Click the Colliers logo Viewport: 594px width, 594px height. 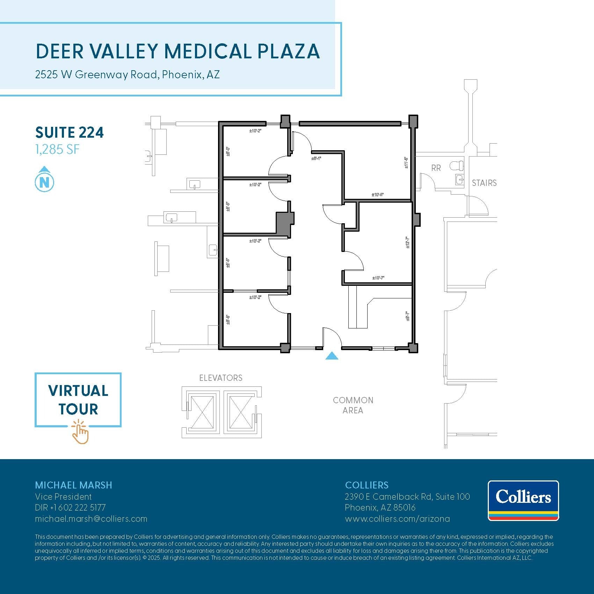tap(523, 500)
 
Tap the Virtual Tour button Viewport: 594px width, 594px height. tap(78, 400)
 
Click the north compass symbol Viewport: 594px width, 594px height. tap(44, 180)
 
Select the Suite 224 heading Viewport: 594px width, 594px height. tap(70, 132)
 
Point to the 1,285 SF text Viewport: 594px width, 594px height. tap(57, 150)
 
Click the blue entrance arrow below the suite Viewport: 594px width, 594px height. tap(332, 356)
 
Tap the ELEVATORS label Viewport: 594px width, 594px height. tap(220, 378)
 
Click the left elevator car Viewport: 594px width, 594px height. tap(202, 412)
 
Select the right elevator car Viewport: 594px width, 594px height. tap(240, 412)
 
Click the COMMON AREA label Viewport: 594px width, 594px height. tap(353, 405)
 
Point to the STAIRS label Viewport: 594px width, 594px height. tap(484, 183)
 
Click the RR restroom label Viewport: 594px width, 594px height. tap(436, 168)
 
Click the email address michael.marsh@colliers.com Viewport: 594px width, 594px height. tap(91, 519)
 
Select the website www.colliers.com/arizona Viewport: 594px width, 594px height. tap(397, 519)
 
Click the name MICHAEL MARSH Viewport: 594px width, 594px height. tap(73, 485)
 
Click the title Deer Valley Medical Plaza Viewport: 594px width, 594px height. tap(178, 51)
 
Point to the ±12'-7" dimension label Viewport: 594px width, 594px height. tap(407, 242)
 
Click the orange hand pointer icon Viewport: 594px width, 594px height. tap(80, 433)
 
